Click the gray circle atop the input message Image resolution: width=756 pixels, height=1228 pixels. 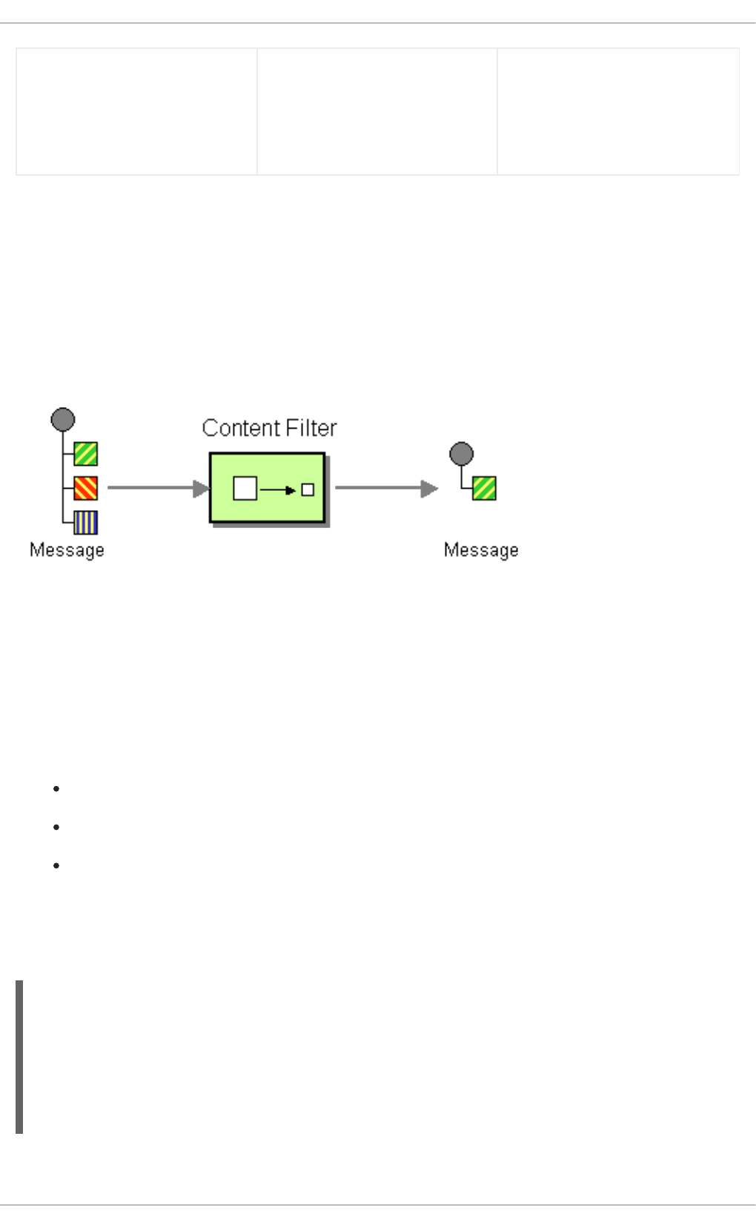pos(63,420)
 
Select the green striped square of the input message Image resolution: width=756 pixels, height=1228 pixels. pos(86,454)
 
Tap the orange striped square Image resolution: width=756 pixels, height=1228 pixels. pos(86,489)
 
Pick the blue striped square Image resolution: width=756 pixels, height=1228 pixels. pos(86,523)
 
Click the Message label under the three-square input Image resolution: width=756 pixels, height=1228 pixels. pos(67,550)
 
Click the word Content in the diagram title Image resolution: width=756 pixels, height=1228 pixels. pos(237,428)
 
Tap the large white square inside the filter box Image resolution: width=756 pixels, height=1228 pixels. pos(245,489)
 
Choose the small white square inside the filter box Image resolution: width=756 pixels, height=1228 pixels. pos(308,489)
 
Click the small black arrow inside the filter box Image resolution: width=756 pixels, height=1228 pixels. pos(279,490)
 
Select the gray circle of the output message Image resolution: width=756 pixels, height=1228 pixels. pos(462,454)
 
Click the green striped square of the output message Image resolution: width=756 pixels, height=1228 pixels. pos(485,489)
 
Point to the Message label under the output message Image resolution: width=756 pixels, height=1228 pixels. pos(481,550)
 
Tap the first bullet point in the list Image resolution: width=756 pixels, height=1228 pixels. pos(56,789)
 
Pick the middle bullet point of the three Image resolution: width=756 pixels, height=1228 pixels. pos(56,828)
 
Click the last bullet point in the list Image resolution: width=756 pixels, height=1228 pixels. pos(56,866)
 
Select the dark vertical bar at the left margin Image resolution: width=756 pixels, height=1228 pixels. pos(19,1057)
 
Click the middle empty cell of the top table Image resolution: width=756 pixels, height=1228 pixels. pos(377,112)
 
